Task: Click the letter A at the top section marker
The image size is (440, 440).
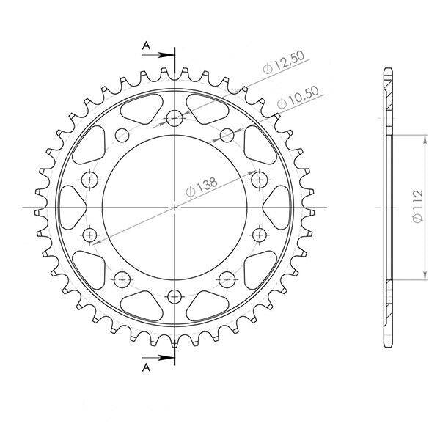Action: click(x=146, y=45)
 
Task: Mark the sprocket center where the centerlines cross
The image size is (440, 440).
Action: click(x=175, y=208)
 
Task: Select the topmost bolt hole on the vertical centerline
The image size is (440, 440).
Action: click(x=175, y=118)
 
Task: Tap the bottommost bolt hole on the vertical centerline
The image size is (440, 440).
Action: click(x=175, y=296)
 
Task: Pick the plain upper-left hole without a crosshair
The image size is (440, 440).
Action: click(x=121, y=135)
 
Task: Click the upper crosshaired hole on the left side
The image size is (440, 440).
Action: click(x=90, y=179)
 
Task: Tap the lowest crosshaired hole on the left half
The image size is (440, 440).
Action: click(x=122, y=279)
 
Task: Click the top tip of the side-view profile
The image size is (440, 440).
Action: click(x=388, y=70)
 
